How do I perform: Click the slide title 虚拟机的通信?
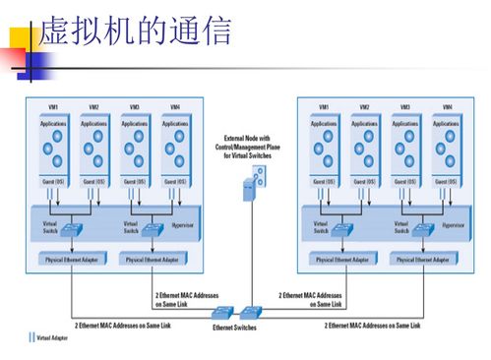[x=136, y=32]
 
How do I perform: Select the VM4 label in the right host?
[x=448, y=106]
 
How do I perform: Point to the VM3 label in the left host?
[x=134, y=106]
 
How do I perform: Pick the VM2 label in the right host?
[x=364, y=106]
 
